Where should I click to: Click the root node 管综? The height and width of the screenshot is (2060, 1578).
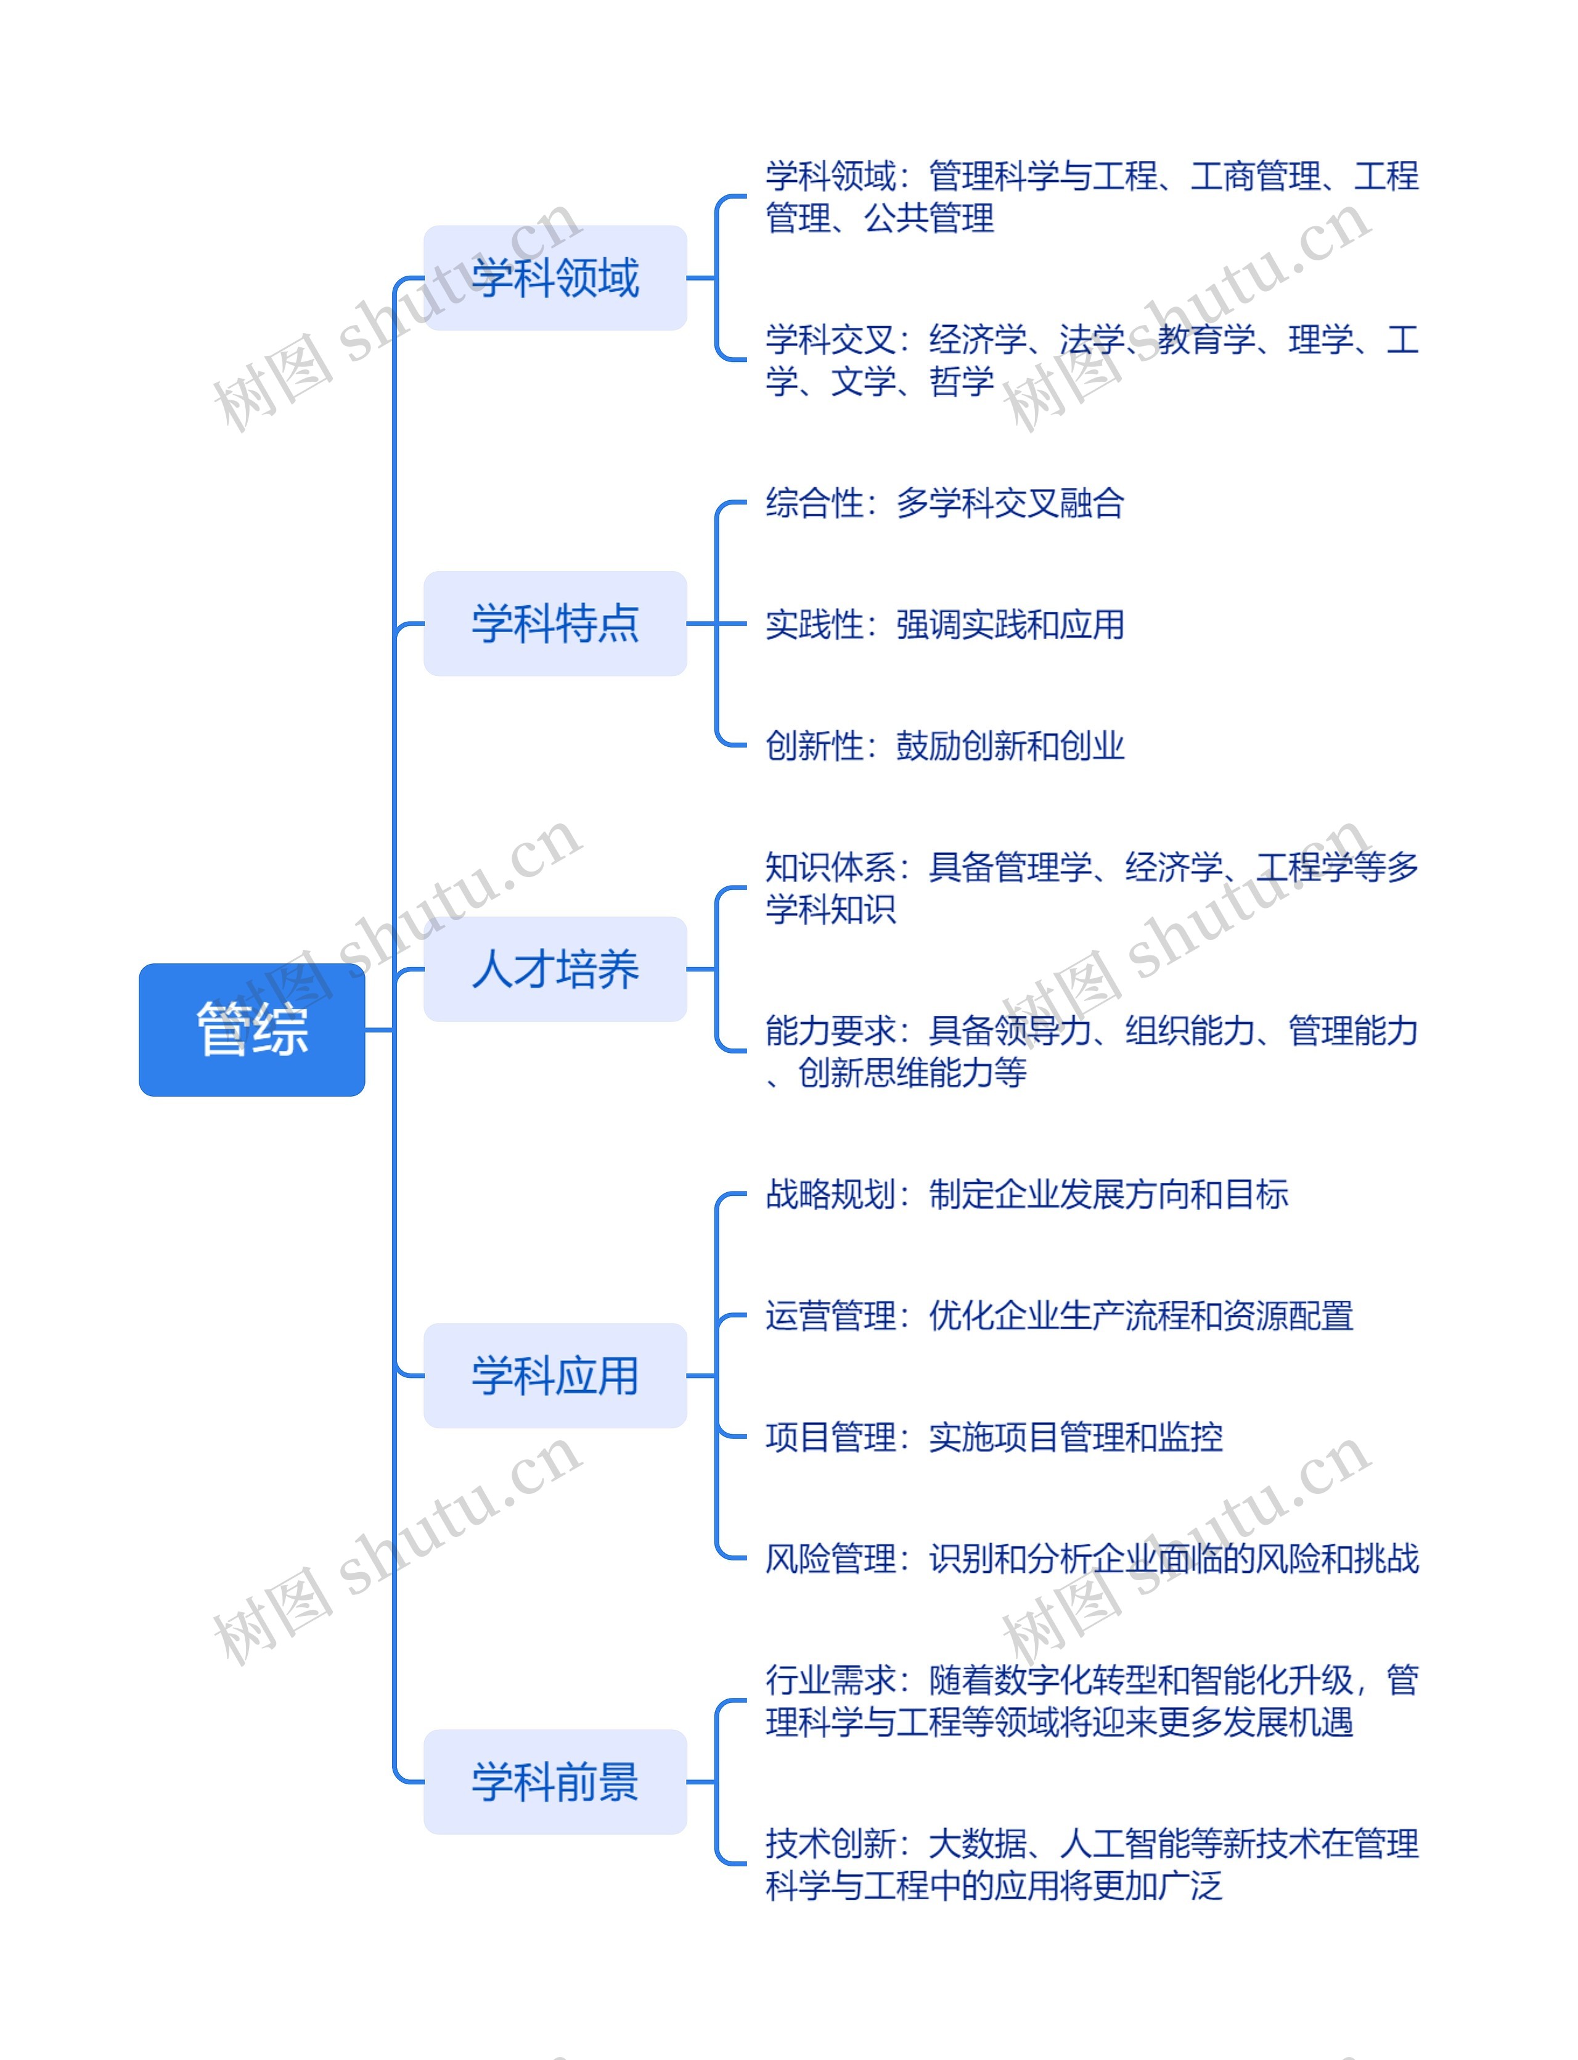tap(251, 1029)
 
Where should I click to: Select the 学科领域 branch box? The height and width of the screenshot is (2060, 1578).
tap(555, 277)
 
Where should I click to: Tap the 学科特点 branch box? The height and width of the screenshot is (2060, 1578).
tap(555, 623)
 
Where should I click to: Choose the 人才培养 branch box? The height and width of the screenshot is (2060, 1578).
tap(555, 969)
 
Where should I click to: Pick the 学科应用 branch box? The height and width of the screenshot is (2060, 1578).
tap(555, 1375)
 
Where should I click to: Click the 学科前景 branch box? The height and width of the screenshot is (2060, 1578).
tap(555, 1781)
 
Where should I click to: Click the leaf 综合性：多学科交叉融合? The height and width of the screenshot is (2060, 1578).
tap(944, 503)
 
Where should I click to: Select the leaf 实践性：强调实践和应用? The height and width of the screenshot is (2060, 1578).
tap(944, 624)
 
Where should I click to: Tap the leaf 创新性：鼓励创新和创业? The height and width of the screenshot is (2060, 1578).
tap(944, 745)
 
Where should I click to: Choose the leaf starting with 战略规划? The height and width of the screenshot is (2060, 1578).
tap(1026, 1193)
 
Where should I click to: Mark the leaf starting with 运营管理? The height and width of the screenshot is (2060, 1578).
tap(1058, 1315)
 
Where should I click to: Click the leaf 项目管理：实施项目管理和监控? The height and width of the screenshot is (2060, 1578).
tap(994, 1436)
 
